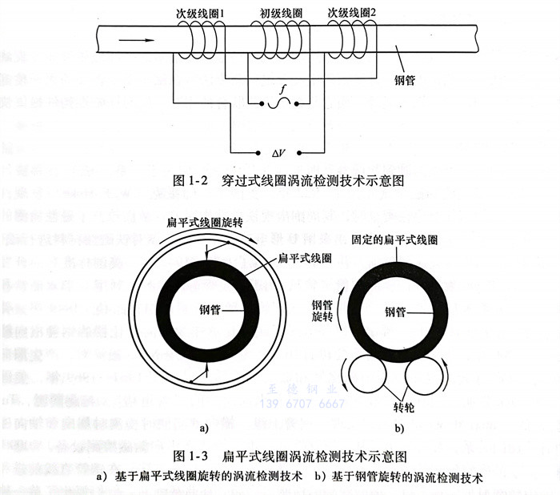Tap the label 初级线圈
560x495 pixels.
(282, 13)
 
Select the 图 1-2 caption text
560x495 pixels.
(289, 181)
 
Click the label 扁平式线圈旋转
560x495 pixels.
(203, 223)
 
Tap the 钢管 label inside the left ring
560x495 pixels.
(206, 310)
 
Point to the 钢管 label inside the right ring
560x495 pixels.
(396, 312)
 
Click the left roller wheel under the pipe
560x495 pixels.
(366, 376)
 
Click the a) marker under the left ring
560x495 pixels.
(204, 429)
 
